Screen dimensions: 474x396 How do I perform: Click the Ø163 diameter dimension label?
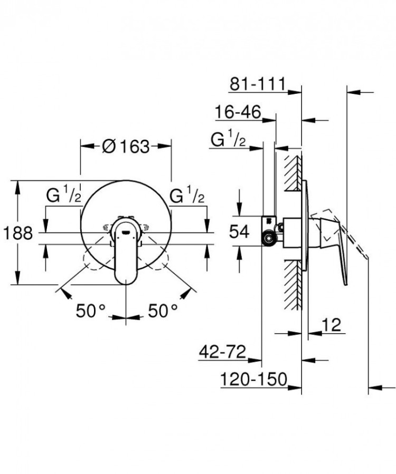(126, 146)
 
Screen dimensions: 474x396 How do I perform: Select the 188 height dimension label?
(18, 232)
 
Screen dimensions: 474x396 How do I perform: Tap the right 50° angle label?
(162, 311)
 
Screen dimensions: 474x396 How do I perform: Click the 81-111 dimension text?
(258, 83)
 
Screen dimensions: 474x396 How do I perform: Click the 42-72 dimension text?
(222, 352)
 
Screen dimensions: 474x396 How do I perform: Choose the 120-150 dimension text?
(254, 379)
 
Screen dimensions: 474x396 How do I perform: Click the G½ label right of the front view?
(187, 196)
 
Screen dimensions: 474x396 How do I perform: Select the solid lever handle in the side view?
(337, 248)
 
